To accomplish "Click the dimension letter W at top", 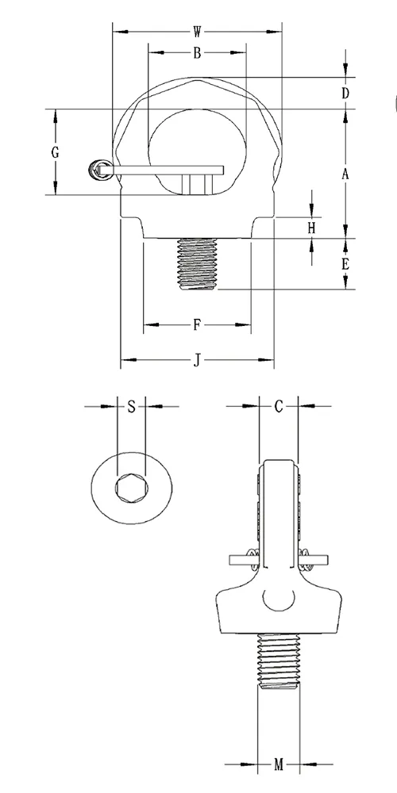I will pyautogui.click(x=197, y=33).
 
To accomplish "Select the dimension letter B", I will pyautogui.click(x=196, y=53).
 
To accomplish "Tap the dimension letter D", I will pyautogui.click(x=345, y=93).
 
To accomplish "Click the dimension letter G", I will pyautogui.click(x=55, y=153).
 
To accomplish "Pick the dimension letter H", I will pyautogui.click(x=312, y=228).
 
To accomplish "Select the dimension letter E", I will pyautogui.click(x=345, y=264).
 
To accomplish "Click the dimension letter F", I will pyautogui.click(x=196, y=324).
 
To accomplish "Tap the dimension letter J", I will pyautogui.click(x=196, y=362).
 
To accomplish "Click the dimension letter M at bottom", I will pyautogui.click(x=279, y=765).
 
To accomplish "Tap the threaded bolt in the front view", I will pyautogui.click(x=195, y=263).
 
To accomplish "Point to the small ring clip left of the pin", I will pyautogui.click(x=99, y=168).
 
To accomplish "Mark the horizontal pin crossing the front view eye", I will pyautogui.click(x=167, y=169).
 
